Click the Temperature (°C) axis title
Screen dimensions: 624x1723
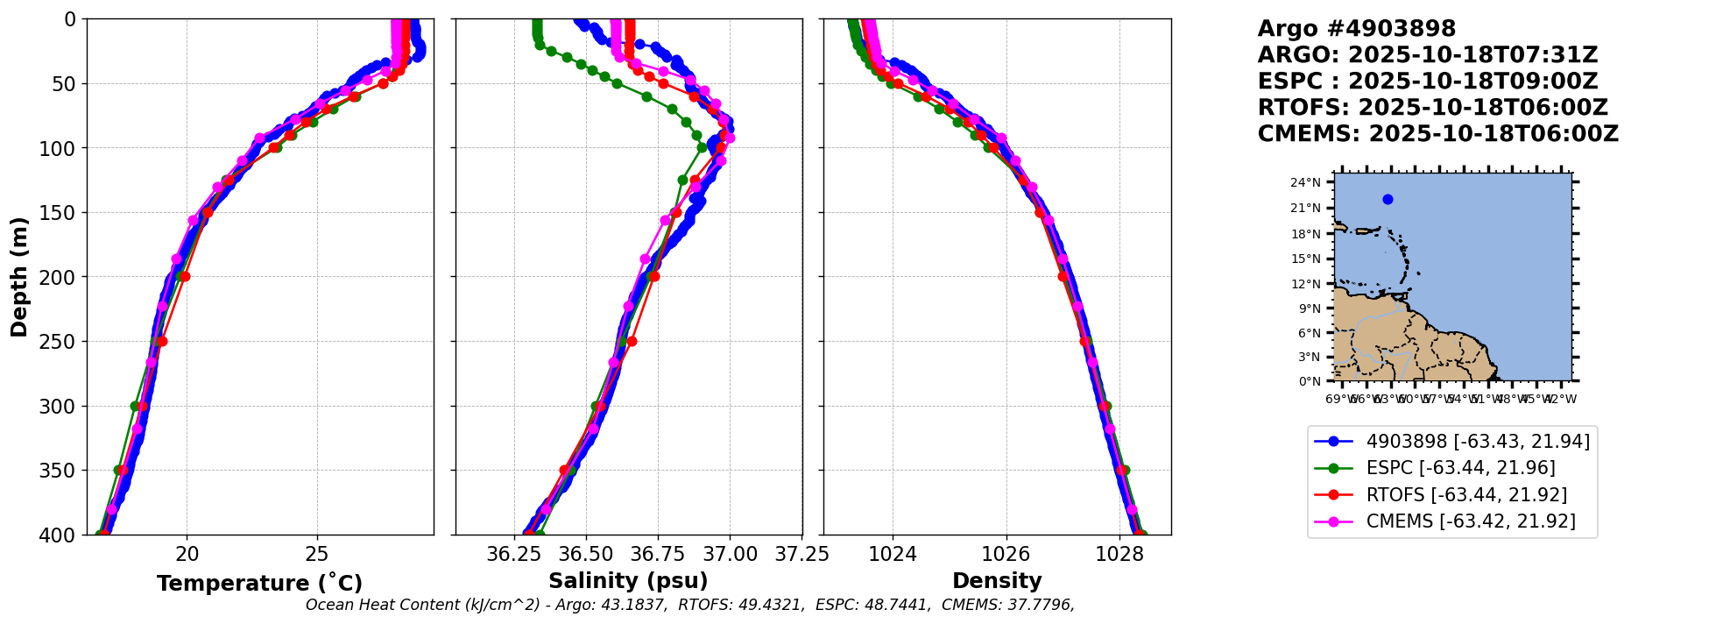coord(259,584)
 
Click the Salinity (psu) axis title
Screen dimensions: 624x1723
coord(628,581)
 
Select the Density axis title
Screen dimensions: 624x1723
coord(997,581)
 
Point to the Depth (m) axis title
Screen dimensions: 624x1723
coord(19,276)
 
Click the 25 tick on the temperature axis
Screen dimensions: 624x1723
coord(317,554)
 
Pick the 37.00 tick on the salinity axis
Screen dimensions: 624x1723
coord(730,554)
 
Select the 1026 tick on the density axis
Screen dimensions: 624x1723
coord(1006,554)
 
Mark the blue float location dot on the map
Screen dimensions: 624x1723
coord(1388,199)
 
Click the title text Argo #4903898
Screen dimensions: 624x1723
coord(1356,29)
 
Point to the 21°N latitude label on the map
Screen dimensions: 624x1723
coord(1305,208)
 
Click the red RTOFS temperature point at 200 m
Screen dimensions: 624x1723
coord(185,276)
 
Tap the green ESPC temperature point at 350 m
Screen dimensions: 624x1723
coord(119,471)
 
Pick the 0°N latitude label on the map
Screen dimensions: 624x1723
coord(1310,381)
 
